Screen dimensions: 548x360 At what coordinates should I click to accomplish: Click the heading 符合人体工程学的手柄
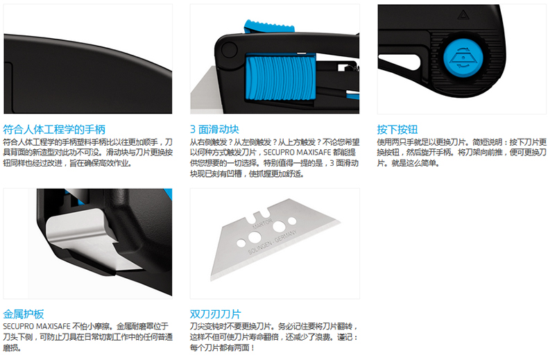click(54, 130)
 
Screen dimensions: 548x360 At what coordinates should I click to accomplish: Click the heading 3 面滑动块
click(214, 130)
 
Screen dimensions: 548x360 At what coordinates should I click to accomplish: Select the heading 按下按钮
click(397, 130)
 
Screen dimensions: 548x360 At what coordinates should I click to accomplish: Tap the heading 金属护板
click(24, 314)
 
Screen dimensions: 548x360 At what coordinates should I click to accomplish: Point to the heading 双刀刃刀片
click(215, 314)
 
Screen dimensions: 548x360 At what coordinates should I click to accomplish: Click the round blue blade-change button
click(463, 58)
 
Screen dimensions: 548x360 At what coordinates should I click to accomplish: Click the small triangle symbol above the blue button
click(463, 15)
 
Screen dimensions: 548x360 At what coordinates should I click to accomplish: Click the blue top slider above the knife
click(269, 26)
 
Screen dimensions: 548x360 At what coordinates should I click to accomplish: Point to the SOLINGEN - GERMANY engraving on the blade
click(273, 242)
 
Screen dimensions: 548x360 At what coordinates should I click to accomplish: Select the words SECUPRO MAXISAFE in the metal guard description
click(37, 327)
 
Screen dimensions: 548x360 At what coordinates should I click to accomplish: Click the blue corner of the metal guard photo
click(169, 193)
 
